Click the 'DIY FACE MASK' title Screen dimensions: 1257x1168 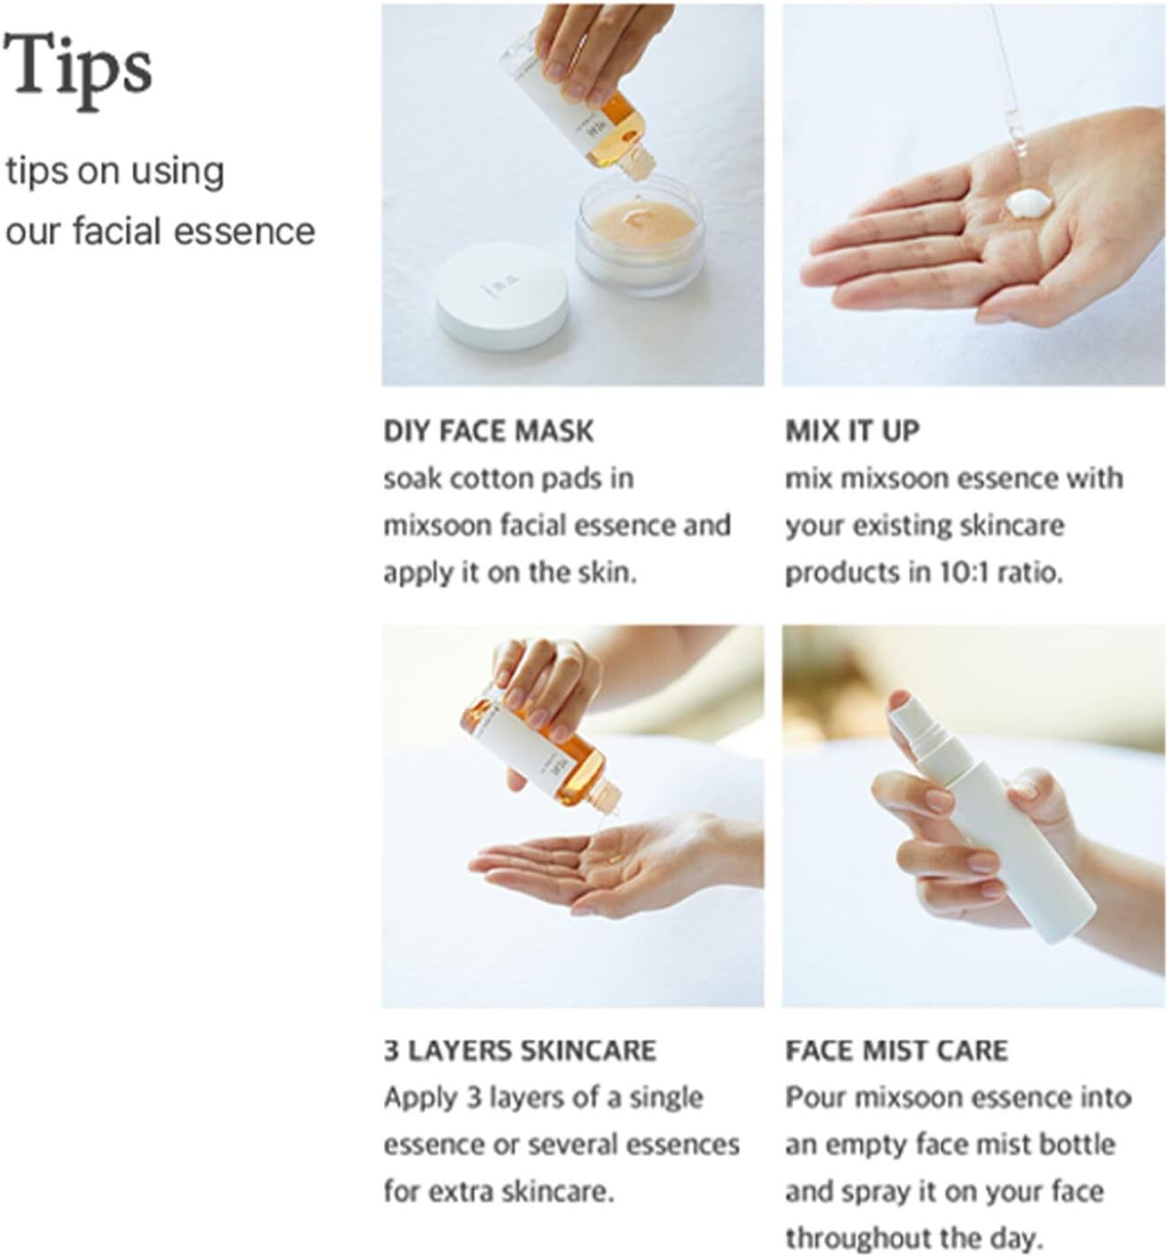(x=488, y=431)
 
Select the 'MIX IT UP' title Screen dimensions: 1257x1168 (x=852, y=431)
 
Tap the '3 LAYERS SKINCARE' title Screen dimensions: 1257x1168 (x=520, y=1051)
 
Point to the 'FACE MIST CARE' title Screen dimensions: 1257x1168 (x=897, y=1051)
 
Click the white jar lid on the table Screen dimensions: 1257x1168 (x=503, y=297)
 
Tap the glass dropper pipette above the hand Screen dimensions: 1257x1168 (x=1007, y=80)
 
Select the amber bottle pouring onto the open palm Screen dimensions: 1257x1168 (x=540, y=750)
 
